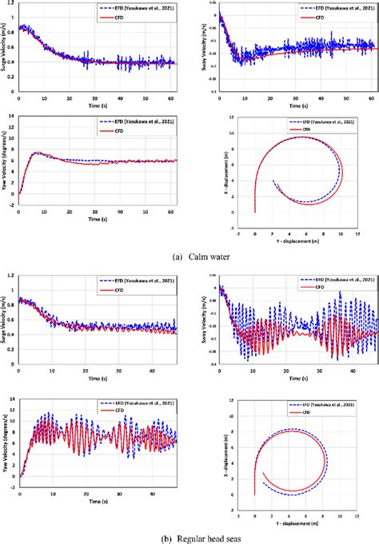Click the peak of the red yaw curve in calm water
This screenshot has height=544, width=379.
pos(37,152)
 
